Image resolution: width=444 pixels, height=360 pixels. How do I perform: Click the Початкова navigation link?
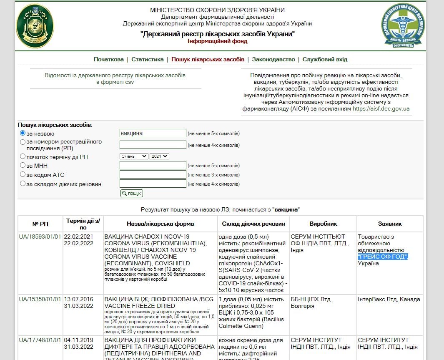(108, 59)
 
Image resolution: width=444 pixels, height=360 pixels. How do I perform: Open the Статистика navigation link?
(148, 59)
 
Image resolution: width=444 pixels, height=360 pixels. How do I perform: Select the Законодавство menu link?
(273, 59)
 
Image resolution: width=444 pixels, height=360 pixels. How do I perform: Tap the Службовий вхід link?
(325, 59)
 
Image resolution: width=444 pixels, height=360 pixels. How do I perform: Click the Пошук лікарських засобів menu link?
(208, 59)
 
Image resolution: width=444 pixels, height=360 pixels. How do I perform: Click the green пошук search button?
(132, 193)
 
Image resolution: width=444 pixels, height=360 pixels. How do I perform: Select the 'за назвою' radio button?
(23, 133)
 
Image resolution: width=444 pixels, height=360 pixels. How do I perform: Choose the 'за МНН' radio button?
(23, 166)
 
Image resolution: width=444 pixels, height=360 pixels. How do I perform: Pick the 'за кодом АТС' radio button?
(23, 175)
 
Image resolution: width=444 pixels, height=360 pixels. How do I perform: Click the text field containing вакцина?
(153, 133)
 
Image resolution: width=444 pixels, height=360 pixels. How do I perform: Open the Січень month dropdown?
(134, 156)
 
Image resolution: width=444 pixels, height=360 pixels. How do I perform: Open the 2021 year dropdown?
(159, 156)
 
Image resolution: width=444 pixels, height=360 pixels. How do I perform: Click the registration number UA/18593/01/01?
(40, 237)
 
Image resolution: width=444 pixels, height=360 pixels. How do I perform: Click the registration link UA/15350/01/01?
(40, 300)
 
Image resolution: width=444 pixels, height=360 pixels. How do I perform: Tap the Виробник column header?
(323, 224)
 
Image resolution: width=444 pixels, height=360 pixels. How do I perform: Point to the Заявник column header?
(389, 224)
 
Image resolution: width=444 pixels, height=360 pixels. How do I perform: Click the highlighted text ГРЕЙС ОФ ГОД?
(382, 257)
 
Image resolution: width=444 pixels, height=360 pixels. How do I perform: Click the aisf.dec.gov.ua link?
(381, 109)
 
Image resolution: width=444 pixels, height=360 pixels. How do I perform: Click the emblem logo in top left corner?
(35, 26)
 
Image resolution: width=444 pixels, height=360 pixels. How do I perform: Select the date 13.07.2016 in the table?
(78, 300)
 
